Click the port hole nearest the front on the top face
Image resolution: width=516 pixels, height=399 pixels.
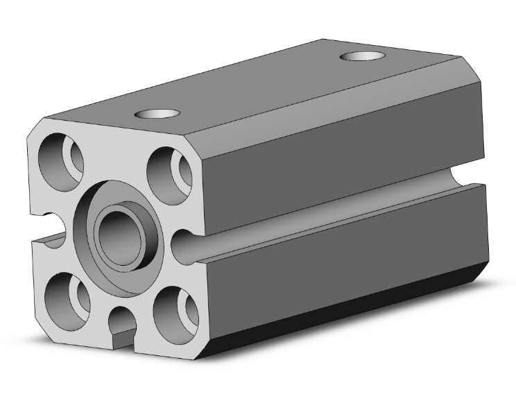coord(156,114)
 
